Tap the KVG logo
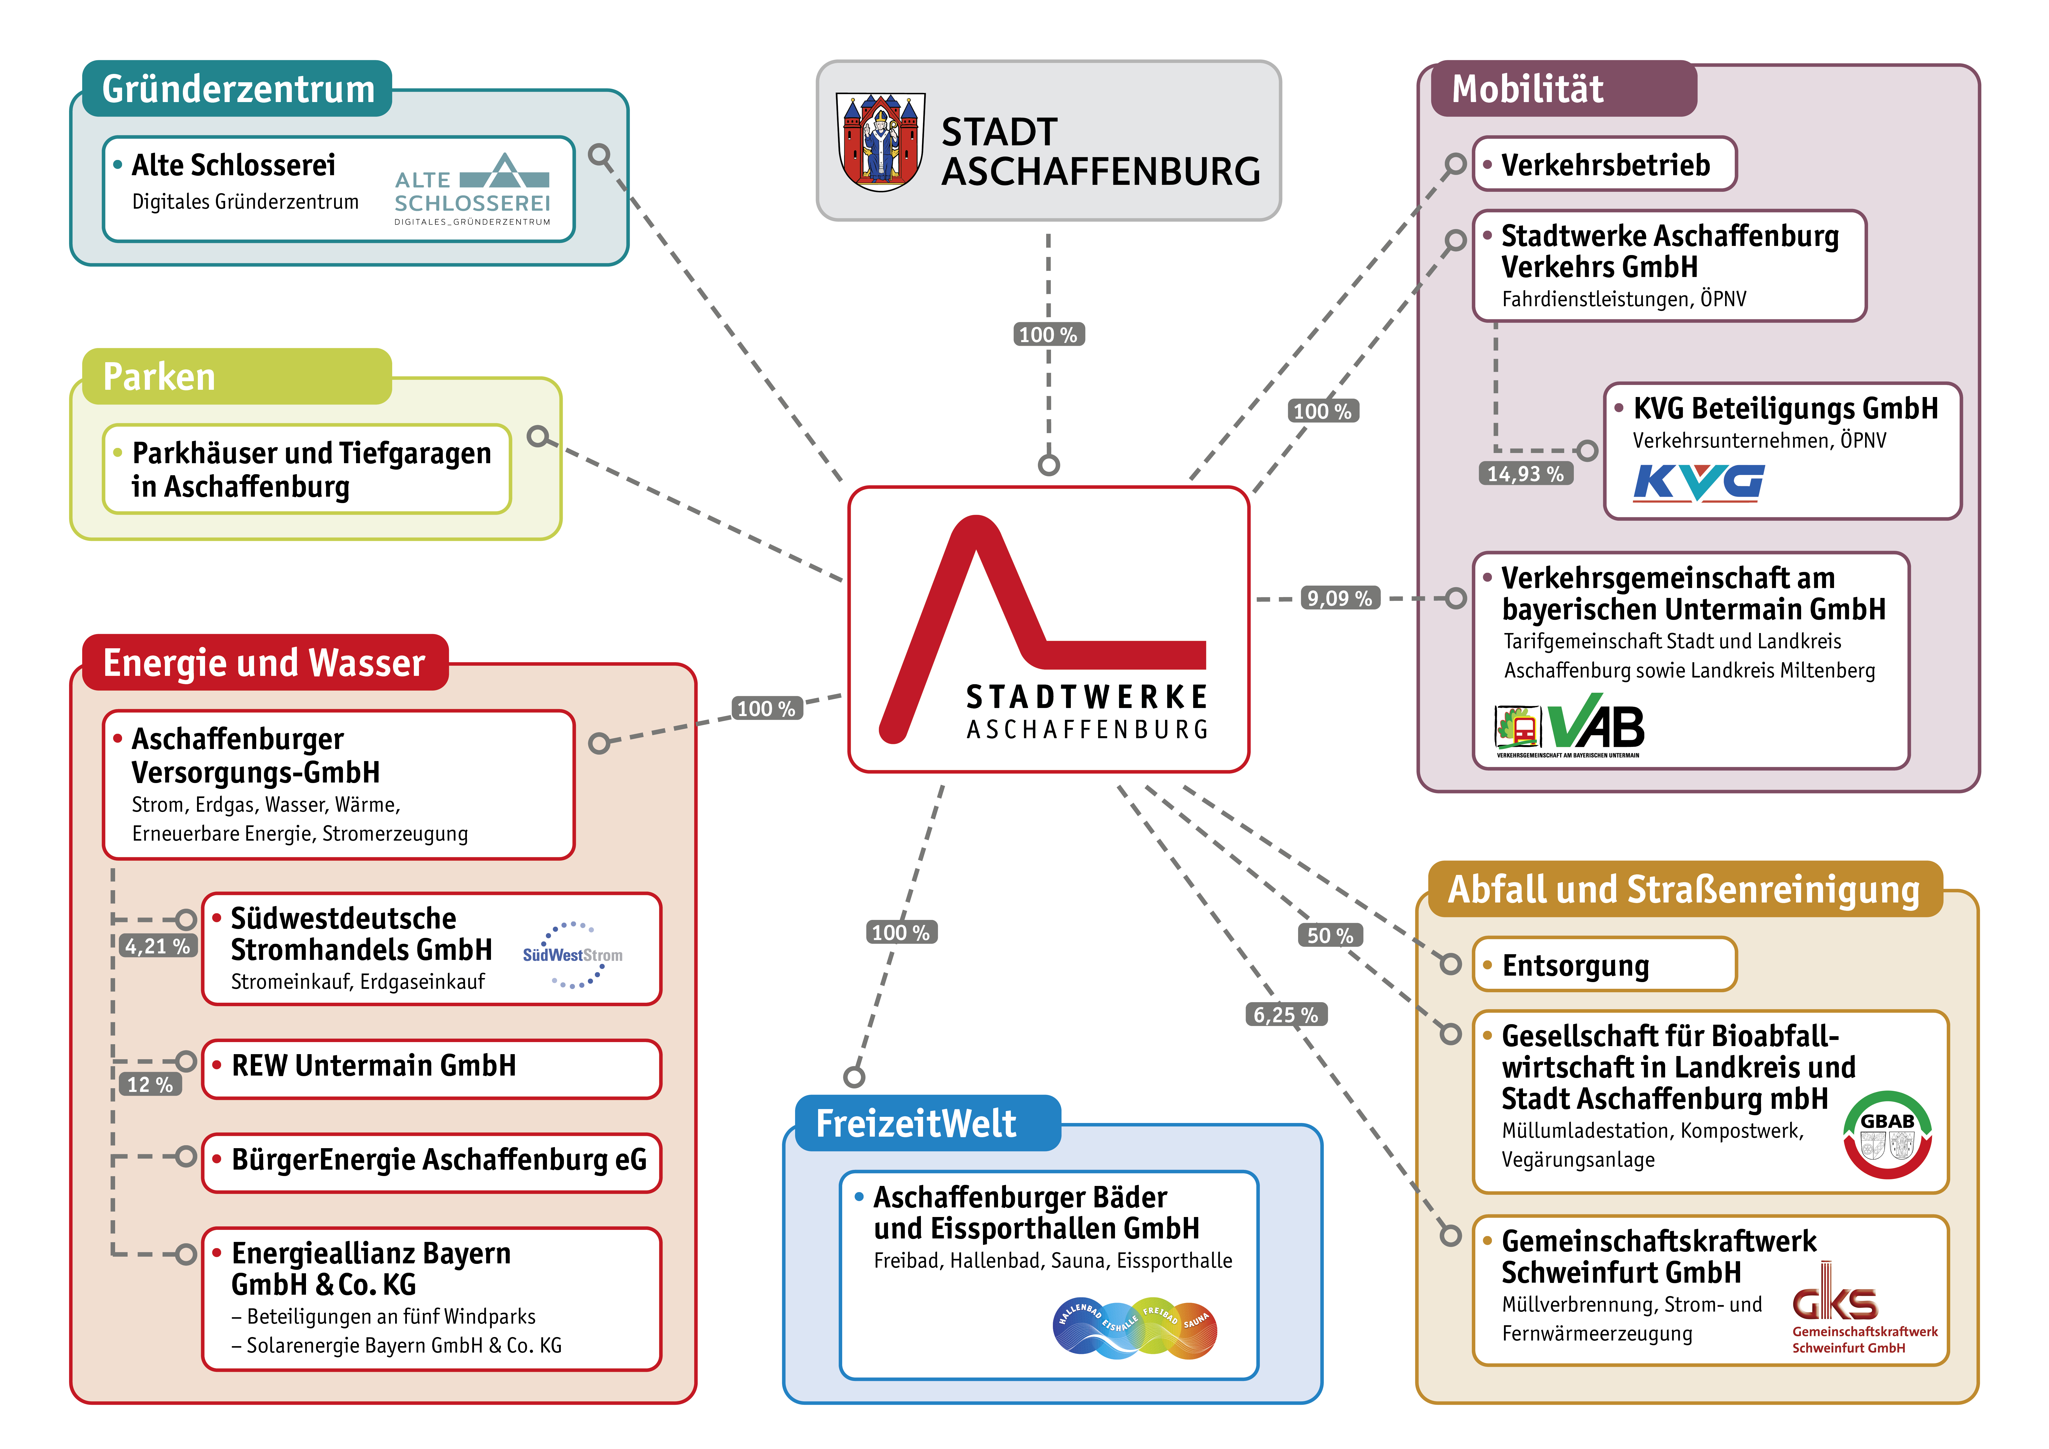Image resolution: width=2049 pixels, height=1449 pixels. pos(1698,483)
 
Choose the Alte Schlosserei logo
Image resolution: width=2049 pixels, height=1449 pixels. pos(472,188)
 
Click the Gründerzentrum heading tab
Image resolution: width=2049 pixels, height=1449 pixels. pos(237,88)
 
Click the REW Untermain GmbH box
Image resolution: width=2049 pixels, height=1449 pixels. pos(432,1068)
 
